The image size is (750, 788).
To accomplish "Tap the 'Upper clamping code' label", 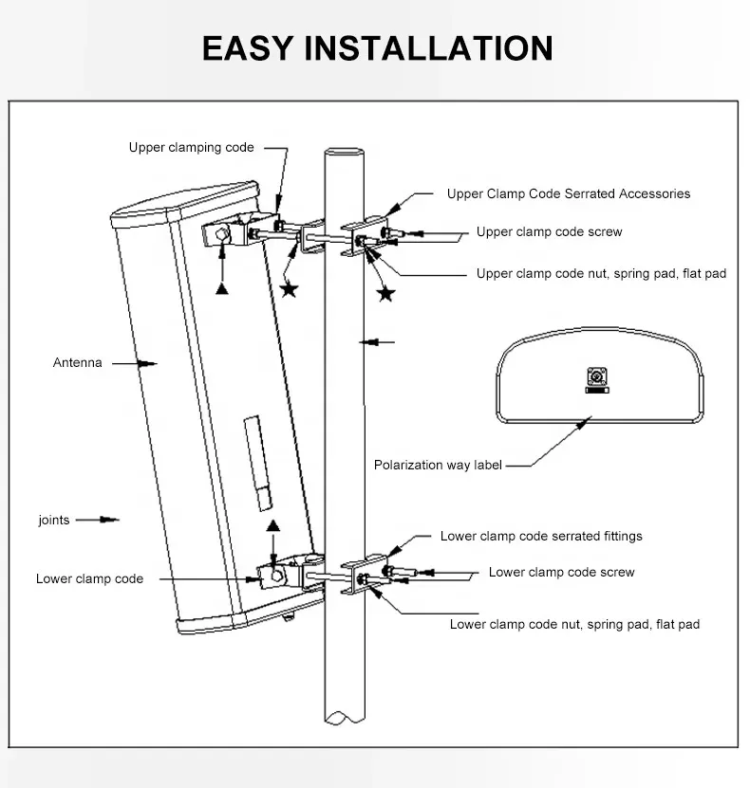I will pyautogui.click(x=191, y=147).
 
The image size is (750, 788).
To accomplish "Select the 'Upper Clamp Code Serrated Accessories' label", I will pyautogui.click(x=568, y=193).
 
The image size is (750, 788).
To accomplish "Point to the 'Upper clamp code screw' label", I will pyautogui.click(x=549, y=231).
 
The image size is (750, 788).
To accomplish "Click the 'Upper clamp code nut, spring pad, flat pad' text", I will pyautogui.click(x=600, y=273).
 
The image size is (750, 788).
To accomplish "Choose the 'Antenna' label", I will pyautogui.click(x=77, y=362).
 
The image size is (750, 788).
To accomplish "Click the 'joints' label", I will pyautogui.click(x=54, y=520).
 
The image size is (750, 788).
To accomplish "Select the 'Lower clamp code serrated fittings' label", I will pyautogui.click(x=540, y=536).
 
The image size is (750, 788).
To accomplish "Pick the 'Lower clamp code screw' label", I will pyautogui.click(x=561, y=572).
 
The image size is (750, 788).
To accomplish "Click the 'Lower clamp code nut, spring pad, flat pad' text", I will pyautogui.click(x=574, y=624).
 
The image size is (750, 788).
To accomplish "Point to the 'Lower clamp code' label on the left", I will pyautogui.click(x=89, y=578).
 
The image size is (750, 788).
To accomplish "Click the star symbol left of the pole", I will pyautogui.click(x=289, y=289).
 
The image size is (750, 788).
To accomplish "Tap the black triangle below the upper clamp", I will pyautogui.click(x=222, y=288).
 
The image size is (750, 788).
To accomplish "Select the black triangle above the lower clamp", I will pyautogui.click(x=273, y=524).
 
